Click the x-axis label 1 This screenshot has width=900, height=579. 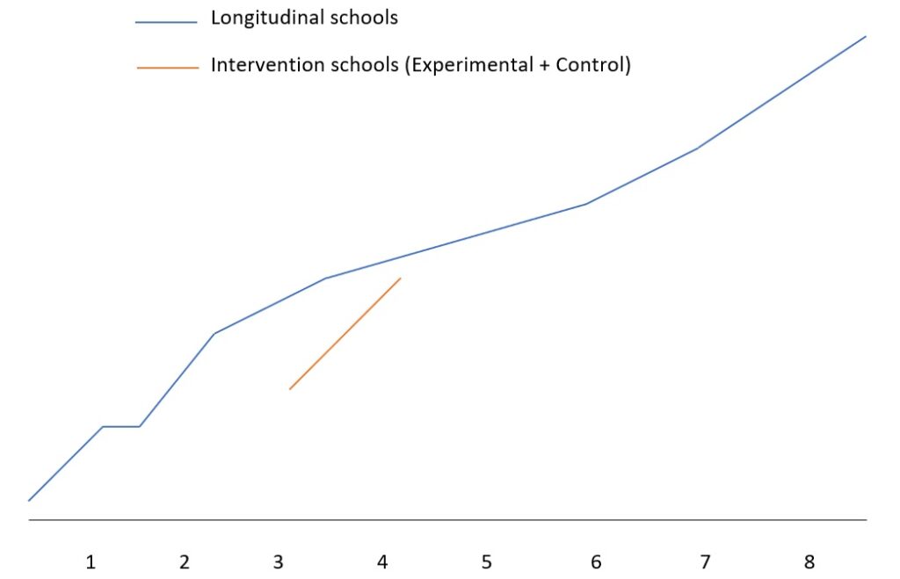tap(90, 562)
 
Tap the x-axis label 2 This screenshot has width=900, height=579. tap(184, 562)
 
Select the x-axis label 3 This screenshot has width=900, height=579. tap(279, 562)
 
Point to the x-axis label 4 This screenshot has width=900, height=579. tap(382, 562)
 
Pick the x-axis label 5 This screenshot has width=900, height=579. tap(486, 562)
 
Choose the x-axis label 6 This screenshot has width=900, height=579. tap(596, 562)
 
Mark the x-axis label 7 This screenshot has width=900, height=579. tap(704, 562)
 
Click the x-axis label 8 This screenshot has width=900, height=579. tap(809, 562)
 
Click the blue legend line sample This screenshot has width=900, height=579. tap(166, 24)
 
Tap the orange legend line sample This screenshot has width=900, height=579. tap(168, 68)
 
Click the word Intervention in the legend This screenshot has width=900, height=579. tap(260, 66)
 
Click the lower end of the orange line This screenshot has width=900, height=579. tap(290, 388)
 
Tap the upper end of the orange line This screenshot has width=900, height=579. tap(400, 279)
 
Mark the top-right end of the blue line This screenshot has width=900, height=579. tap(866, 37)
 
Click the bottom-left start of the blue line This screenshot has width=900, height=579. tap(29, 501)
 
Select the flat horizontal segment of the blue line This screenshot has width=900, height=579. tap(121, 426)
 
